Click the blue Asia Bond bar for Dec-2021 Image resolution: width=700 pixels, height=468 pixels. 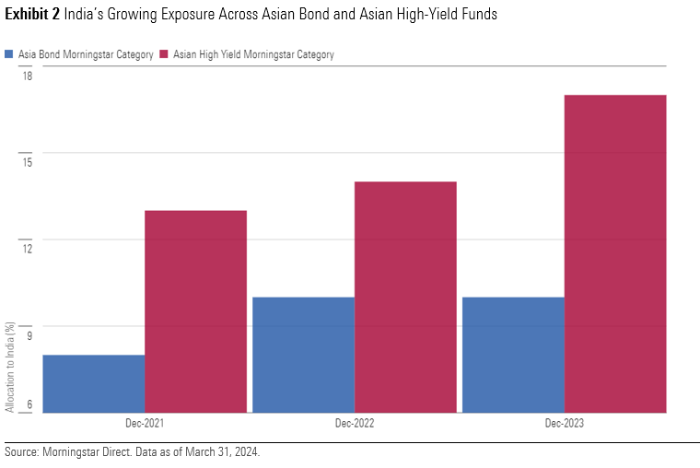[93, 383]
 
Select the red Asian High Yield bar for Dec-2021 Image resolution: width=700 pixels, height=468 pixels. [195, 311]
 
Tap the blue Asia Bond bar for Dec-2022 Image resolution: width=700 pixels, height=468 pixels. [303, 355]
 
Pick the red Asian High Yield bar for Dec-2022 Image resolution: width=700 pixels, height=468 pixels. [405, 297]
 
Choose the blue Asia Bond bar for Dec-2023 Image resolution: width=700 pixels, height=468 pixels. [513, 355]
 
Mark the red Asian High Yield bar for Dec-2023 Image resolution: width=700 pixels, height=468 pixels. [615, 253]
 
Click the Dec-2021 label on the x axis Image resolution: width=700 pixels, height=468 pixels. [145, 424]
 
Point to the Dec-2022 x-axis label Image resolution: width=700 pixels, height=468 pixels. [355, 424]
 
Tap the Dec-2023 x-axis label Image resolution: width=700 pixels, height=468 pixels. [564, 424]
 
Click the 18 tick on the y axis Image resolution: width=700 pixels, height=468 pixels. [27, 76]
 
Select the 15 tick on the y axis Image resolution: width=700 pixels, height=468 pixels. [27, 162]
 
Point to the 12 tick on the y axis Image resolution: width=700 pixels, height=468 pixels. [27, 249]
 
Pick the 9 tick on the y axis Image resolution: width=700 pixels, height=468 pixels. [29, 335]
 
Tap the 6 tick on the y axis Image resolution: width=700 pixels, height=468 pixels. [29, 404]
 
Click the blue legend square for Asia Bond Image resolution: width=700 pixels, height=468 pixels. [9, 54]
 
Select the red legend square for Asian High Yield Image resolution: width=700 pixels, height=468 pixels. [163, 54]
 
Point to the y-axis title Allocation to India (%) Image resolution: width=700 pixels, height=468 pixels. [9, 366]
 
